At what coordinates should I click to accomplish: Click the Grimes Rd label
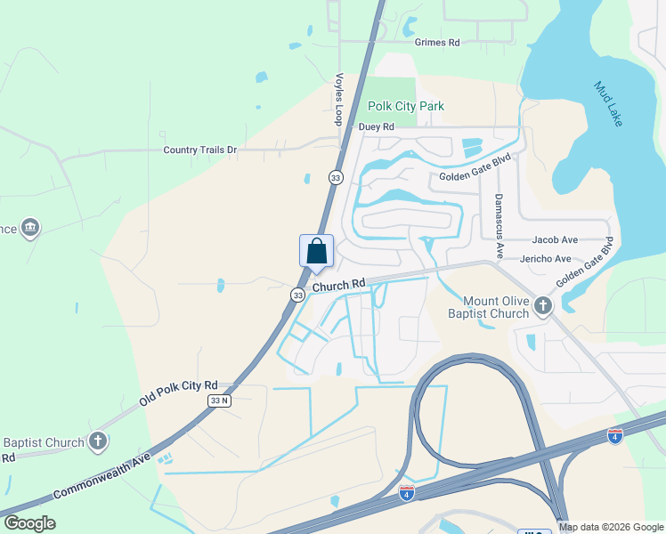(436, 42)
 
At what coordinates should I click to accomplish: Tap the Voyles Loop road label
(339, 98)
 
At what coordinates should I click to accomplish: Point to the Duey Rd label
(376, 127)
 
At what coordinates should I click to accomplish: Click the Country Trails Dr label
(199, 150)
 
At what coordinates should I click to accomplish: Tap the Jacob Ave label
(555, 240)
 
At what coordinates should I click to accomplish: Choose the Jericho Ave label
(551, 259)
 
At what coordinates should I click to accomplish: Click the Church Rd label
(339, 285)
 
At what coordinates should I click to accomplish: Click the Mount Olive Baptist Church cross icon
(543, 307)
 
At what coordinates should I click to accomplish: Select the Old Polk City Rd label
(178, 392)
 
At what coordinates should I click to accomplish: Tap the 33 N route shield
(219, 401)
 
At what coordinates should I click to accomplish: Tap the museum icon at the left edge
(31, 228)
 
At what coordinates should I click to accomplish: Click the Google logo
(29, 523)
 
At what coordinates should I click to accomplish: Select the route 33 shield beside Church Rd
(297, 295)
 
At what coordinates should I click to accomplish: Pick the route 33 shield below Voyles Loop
(336, 177)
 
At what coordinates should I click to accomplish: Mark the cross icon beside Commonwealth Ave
(98, 441)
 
